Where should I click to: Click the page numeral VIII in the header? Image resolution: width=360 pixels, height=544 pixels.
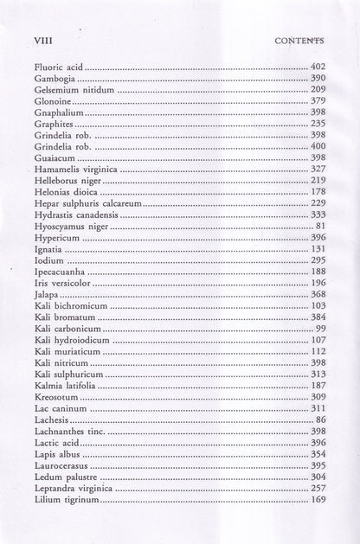(43, 40)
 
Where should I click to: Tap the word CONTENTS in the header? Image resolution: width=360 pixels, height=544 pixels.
(299, 40)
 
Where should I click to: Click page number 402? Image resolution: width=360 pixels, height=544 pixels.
(318, 67)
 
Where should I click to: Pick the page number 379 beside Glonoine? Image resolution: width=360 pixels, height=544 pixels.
(318, 101)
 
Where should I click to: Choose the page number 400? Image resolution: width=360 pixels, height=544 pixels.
(318, 147)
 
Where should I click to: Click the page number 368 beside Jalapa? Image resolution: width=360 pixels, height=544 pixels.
(318, 295)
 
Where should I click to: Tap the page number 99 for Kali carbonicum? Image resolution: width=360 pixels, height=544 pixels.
(320, 329)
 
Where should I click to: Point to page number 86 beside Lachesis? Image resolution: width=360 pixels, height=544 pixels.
(320, 419)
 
